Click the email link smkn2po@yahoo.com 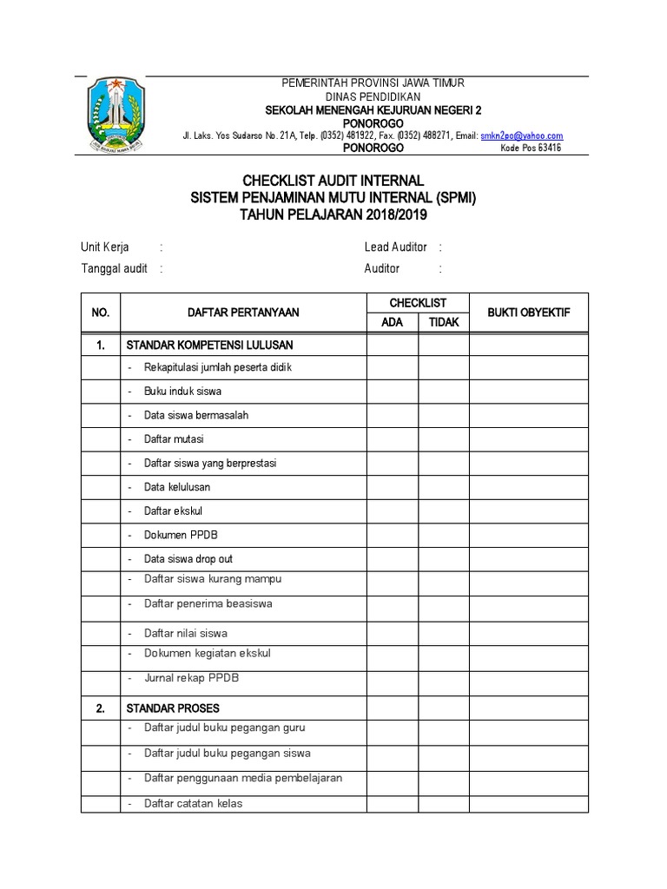tap(522, 135)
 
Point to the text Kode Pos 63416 tap(532, 148)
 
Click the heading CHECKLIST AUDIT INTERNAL tap(333, 181)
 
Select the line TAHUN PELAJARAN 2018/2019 tap(333, 214)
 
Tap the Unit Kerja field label tap(105, 247)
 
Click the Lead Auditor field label tap(395, 247)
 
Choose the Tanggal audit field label tap(114, 268)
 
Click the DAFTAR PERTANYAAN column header tap(242, 313)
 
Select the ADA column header tap(392, 322)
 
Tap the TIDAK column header tap(444, 322)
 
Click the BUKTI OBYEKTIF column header tap(528, 313)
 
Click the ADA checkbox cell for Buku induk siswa tap(392, 392)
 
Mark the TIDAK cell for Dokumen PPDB tap(444, 535)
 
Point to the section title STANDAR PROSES tap(173, 708)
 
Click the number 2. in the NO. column tap(101, 708)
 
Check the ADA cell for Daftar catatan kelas tap(392, 803)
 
